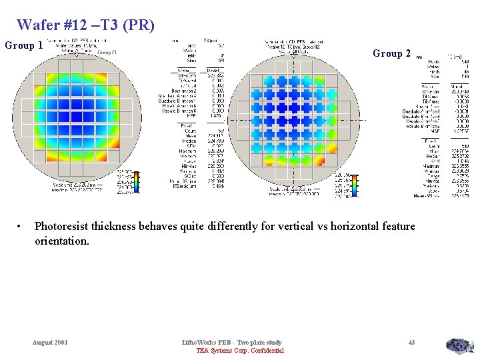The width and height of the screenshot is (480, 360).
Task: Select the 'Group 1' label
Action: pos(24,46)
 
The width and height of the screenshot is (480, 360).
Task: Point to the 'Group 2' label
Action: pos(391,53)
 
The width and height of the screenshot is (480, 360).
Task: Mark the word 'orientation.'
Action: pos(61,241)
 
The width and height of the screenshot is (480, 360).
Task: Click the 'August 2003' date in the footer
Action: pos(50,343)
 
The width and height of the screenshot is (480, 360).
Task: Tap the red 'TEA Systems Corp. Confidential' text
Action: pos(240,351)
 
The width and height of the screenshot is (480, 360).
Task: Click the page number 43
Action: pos(411,343)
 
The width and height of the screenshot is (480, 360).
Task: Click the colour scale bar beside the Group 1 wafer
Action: pos(137,181)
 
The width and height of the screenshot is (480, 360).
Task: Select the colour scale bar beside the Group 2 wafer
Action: pos(355,185)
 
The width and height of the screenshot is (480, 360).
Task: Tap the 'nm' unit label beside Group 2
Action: pos(419,57)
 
